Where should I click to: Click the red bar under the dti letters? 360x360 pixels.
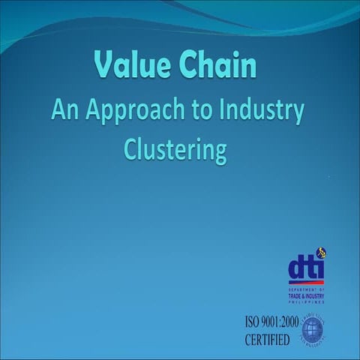pyautogui.click(x=307, y=283)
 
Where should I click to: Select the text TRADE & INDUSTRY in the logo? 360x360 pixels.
pyautogui.click(x=307, y=292)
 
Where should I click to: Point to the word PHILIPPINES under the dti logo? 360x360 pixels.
pyautogui.click(x=307, y=297)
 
